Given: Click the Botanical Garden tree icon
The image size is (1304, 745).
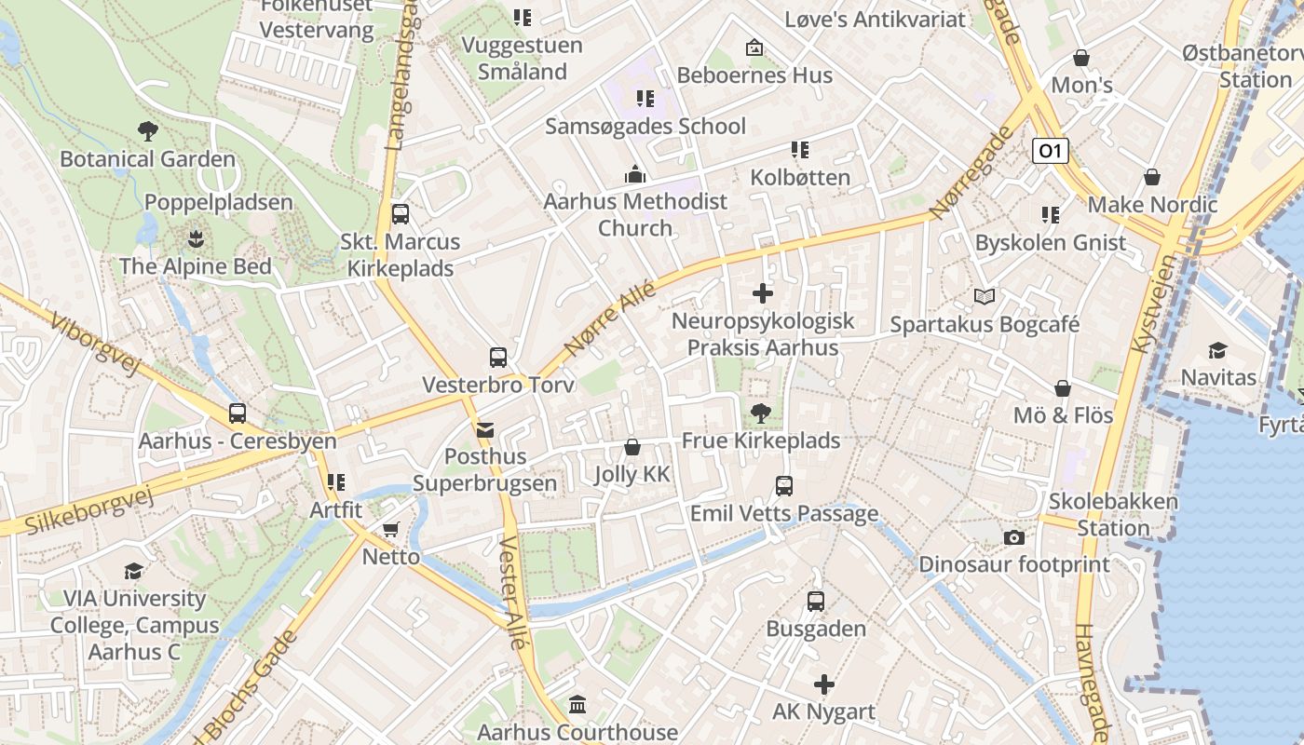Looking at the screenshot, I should click(147, 130).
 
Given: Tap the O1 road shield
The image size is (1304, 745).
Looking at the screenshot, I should click(1050, 151).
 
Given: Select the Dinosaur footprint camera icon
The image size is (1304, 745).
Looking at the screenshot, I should click(1014, 537).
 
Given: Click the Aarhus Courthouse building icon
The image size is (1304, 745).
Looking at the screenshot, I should click(577, 705).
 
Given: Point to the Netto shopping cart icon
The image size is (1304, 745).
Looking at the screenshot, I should click(391, 530).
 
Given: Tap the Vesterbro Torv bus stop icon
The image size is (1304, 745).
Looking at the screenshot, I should click(498, 358).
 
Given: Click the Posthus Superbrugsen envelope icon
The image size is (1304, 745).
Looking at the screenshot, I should click(485, 429).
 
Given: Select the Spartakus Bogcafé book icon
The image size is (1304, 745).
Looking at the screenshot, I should click(985, 297).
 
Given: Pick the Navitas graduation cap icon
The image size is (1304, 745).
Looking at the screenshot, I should click(1217, 350).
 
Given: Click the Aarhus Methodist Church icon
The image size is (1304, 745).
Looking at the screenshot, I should click(635, 174).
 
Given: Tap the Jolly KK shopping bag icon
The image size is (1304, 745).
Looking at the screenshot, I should click(632, 447).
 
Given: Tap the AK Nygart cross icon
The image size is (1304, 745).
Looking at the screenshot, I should click(824, 685).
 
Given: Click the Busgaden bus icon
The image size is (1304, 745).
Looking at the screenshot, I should click(816, 602).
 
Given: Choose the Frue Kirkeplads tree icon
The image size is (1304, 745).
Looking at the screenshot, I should click(761, 413).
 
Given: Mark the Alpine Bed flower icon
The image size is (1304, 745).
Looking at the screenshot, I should click(196, 239).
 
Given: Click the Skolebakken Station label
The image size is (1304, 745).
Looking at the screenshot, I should click(1113, 514).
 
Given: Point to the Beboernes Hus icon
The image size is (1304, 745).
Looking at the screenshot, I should click(754, 47).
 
